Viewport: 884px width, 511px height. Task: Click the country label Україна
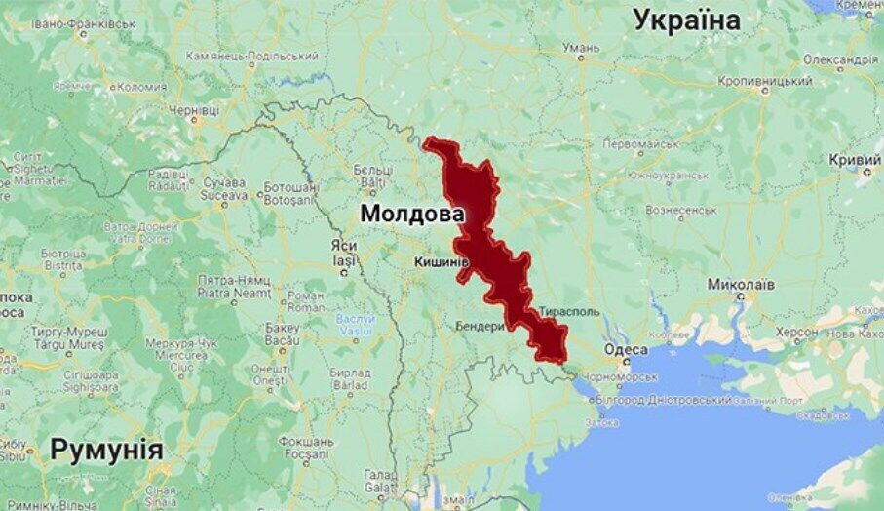(687, 19)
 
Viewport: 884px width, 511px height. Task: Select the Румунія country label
(106, 450)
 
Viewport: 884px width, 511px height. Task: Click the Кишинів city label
(442, 262)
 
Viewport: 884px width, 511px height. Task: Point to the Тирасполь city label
(568, 311)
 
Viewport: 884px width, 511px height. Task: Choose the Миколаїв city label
(742, 285)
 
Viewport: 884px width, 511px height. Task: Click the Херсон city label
(796, 332)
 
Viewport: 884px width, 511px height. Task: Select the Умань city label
(581, 48)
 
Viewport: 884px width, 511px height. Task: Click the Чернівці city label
(193, 112)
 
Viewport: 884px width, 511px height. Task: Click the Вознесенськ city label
(681, 210)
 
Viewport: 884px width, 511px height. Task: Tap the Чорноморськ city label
(623, 376)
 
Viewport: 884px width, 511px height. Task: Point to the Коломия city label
(141, 87)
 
